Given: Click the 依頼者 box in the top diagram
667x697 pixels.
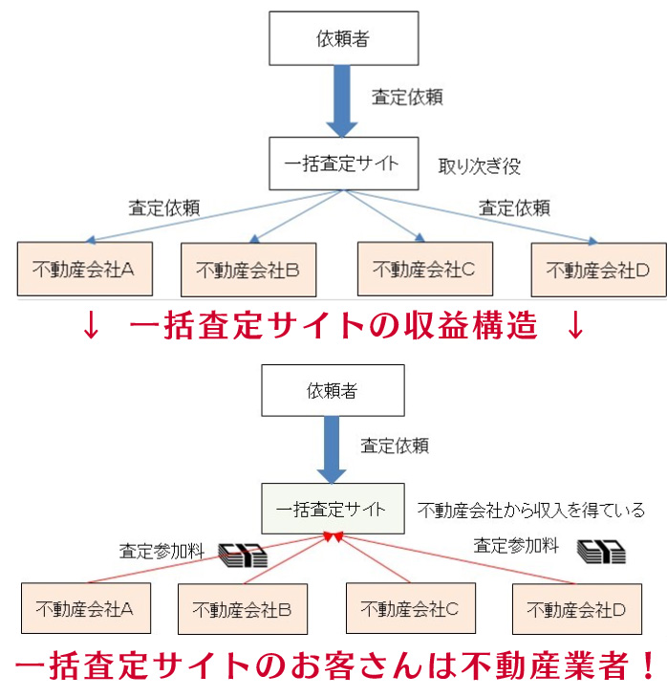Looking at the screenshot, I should (343, 40).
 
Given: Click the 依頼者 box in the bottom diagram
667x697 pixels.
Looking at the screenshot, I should (333, 391).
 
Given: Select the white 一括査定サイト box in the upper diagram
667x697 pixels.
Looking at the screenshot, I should (342, 163).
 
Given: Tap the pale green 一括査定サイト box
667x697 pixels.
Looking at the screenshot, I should (332, 509).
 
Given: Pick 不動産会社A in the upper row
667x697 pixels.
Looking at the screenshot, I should (83, 269).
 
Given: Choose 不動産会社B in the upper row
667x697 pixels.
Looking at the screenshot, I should (248, 271).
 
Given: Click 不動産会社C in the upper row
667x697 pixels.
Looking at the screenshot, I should (422, 269).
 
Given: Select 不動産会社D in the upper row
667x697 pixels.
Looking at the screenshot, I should (598, 271).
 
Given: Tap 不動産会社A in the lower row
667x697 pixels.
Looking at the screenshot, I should (86, 608).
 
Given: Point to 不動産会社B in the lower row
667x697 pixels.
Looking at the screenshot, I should (243, 609).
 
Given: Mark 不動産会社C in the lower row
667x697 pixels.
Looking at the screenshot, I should (410, 607).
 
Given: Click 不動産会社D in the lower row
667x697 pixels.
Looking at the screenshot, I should (577, 609).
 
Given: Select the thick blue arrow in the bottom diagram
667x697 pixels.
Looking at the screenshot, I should (333, 450).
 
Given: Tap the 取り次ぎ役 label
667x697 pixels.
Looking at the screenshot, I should (479, 166).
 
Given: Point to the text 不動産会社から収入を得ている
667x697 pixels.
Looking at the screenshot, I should (531, 511).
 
